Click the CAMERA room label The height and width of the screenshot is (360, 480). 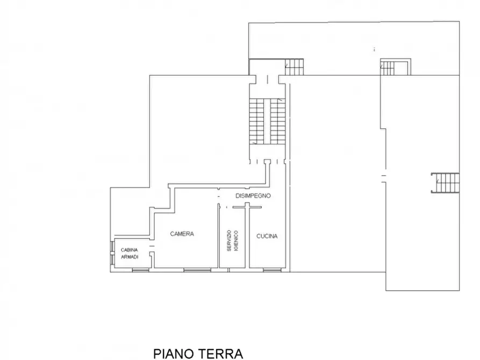[182, 234]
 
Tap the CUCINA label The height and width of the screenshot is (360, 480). [267, 236]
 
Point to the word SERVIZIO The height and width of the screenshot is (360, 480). [228, 241]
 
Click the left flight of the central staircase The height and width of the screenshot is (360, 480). [257, 121]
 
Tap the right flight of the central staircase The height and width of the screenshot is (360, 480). [277, 121]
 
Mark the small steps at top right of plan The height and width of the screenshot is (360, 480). [395, 67]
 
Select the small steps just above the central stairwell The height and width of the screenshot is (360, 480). [294, 67]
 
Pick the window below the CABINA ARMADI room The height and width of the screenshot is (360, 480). [139, 269]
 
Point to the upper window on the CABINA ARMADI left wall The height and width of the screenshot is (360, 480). [112, 247]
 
